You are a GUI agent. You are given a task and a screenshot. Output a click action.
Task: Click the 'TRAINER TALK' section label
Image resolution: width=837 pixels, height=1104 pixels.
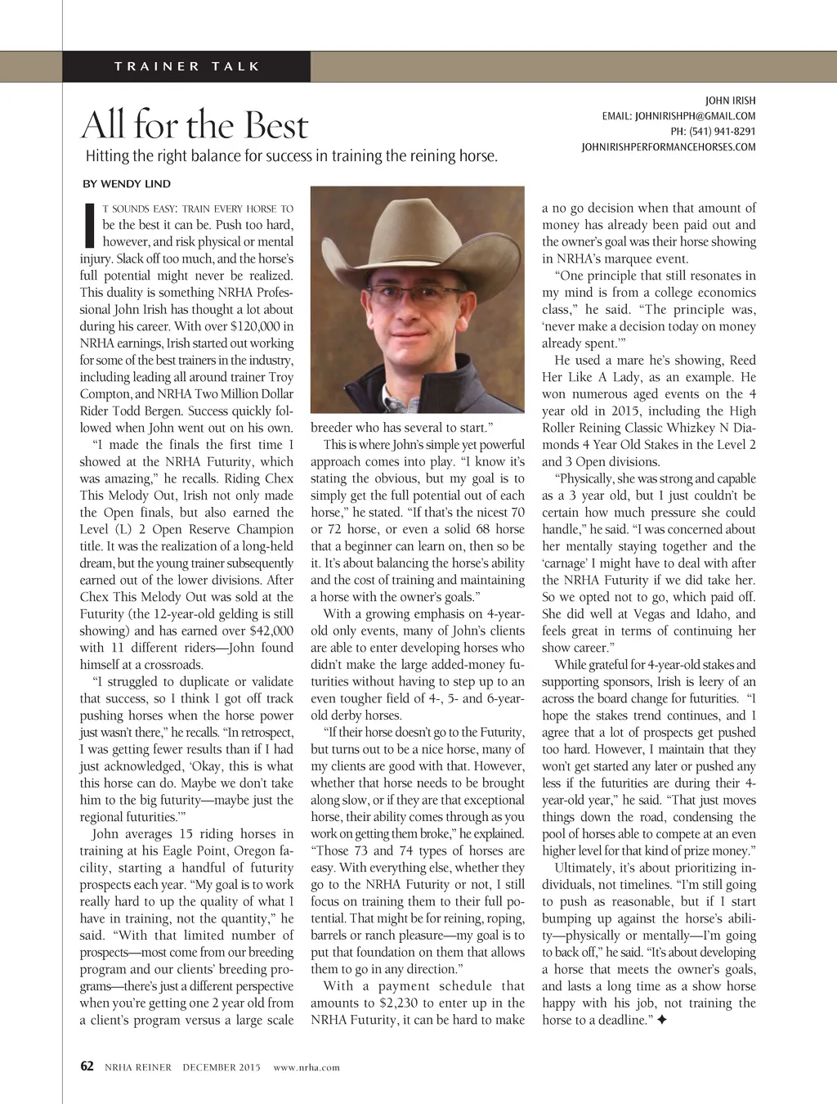[x=187, y=66]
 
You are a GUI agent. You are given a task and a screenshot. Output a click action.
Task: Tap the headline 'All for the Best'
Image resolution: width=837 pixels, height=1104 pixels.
[x=195, y=125]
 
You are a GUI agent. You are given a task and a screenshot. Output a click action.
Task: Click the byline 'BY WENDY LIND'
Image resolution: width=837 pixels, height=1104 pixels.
[x=127, y=183]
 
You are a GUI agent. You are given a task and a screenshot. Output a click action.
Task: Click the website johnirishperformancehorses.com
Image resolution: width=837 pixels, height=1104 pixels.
[x=668, y=147]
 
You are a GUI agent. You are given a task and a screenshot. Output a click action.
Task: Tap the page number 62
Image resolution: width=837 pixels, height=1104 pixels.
[x=87, y=1066]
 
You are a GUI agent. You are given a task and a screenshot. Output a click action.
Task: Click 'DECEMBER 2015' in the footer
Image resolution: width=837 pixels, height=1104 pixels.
[x=221, y=1067]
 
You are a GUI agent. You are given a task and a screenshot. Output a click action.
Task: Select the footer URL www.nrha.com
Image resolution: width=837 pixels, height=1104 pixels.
[x=306, y=1067]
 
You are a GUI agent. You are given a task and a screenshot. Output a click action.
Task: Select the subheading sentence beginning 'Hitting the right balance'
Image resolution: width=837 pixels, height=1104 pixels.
[x=292, y=156]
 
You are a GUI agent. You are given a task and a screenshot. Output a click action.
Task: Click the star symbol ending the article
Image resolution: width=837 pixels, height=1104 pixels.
[x=660, y=1020]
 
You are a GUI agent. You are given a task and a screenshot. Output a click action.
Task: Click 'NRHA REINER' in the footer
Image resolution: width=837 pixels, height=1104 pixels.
[x=137, y=1067]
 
